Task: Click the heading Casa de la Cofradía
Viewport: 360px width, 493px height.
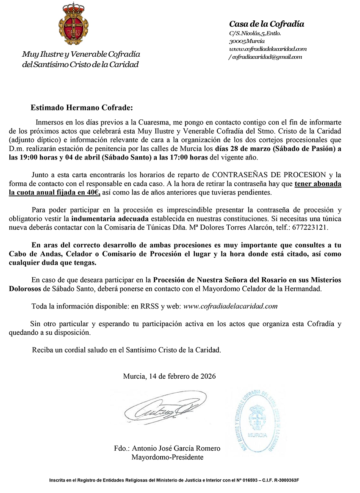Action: [266, 24]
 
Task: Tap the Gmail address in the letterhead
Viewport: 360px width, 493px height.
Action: [266, 57]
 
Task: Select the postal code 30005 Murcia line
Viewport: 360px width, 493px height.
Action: [247, 41]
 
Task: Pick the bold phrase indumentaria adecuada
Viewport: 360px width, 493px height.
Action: [110, 219]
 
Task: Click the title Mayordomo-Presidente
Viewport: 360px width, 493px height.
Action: [167, 457]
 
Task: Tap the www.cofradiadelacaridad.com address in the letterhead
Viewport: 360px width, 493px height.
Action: [267, 49]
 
